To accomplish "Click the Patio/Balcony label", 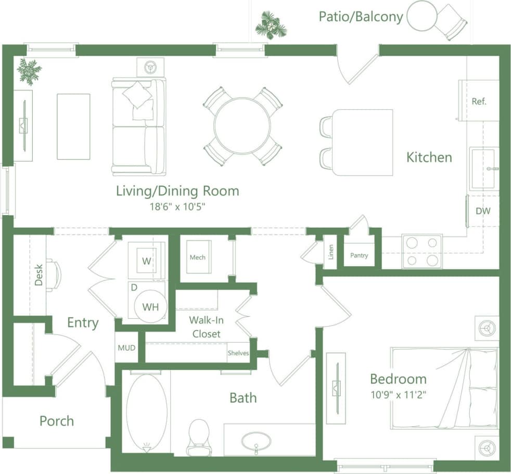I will pyautogui.click(x=361, y=17).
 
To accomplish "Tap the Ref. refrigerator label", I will pyautogui.click(x=479, y=102).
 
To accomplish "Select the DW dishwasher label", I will pyautogui.click(x=483, y=211).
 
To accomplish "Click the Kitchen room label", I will pyautogui.click(x=429, y=157).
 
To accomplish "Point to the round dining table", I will pyautogui.click(x=242, y=126).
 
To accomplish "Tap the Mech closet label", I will pyautogui.click(x=197, y=257).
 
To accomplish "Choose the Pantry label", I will pyautogui.click(x=359, y=255).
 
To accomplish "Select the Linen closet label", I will pyautogui.click(x=331, y=252).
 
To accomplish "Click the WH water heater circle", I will pyautogui.click(x=150, y=307).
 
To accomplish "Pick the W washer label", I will pyautogui.click(x=147, y=261).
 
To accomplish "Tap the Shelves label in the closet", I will pyautogui.click(x=238, y=353).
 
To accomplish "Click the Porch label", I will pyautogui.click(x=57, y=421).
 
